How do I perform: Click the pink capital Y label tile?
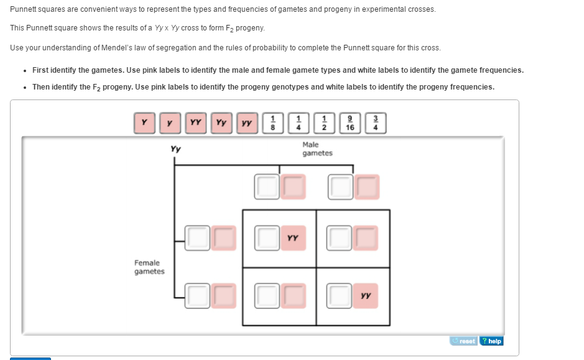144,123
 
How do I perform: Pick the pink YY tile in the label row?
195,123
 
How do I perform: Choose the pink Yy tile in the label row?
221,123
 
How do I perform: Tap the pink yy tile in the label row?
246,123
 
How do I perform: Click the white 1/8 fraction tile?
272,123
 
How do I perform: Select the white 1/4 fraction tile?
298,123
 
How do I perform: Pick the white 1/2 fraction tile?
324,123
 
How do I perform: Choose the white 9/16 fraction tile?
350,123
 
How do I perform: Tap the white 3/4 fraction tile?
375,123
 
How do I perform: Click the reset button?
464,341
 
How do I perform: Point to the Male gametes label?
317,149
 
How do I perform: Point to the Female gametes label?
149,267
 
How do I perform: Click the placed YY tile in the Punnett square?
293,238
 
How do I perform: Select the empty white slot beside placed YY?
267,238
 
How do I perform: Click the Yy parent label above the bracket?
175,149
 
